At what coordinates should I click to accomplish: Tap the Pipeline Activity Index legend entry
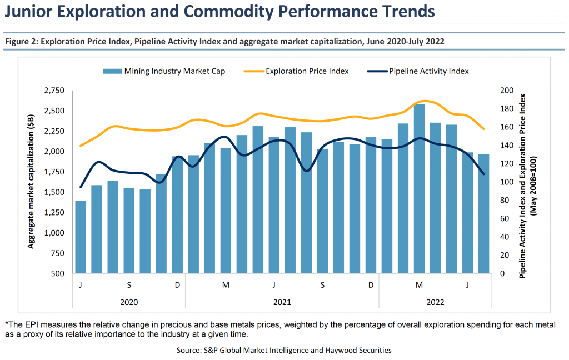coord(428,71)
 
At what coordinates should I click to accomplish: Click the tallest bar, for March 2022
coord(419,189)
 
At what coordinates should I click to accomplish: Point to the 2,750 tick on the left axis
coord(54,91)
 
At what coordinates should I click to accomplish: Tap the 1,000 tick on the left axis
coord(54,233)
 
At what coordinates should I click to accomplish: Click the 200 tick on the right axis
coord(506,91)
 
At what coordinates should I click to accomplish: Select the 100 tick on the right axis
coord(506,182)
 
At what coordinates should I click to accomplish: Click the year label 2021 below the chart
coord(282,303)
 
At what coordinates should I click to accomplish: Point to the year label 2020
coord(129,303)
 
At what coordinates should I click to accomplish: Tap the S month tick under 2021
coord(322,285)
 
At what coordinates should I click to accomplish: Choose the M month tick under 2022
coord(419,285)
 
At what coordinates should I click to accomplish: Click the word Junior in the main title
coord(32,11)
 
